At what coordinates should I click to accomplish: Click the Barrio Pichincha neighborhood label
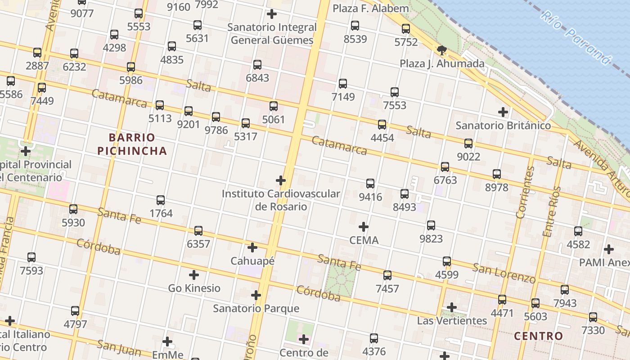[132, 144]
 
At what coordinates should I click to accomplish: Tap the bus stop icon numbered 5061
[274, 107]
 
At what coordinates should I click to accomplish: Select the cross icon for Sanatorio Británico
[503, 112]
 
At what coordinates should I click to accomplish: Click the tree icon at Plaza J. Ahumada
[441, 50]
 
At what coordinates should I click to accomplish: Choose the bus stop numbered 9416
[370, 184]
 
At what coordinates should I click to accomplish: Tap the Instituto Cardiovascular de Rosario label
[281, 200]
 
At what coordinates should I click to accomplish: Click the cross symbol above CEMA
[364, 227]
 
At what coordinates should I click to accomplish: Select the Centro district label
[538, 336]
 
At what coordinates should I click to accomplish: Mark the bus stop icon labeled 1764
[161, 200]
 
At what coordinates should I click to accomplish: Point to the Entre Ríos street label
[552, 211]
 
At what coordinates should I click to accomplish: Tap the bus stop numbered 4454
[382, 125]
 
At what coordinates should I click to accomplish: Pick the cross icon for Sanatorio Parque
[256, 295]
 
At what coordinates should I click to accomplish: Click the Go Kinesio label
[194, 288]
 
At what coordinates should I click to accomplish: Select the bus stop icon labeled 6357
[198, 231]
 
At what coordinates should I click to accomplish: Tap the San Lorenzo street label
[504, 273]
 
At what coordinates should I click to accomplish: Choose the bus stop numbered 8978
[497, 174]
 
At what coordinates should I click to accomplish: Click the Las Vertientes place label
[452, 320]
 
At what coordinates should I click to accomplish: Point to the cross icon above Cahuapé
[252, 247]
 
